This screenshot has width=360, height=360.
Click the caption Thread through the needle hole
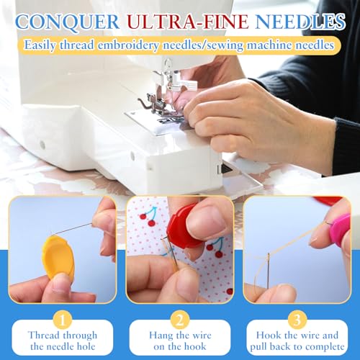pos(62,342)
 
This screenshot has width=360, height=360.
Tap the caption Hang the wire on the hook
pos(181,342)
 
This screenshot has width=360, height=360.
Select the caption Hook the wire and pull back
pos(296,342)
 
